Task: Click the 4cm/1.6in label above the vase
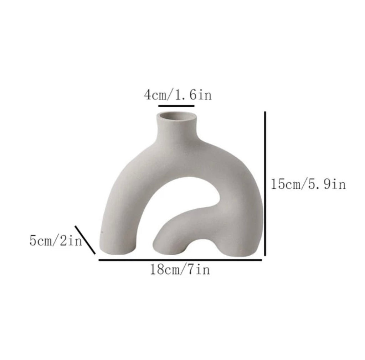[178, 95]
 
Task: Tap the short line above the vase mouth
[176, 106]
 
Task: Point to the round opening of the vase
[177, 116]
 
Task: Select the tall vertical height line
[265, 183]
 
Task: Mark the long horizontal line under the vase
[180, 260]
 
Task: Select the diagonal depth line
[85, 240]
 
